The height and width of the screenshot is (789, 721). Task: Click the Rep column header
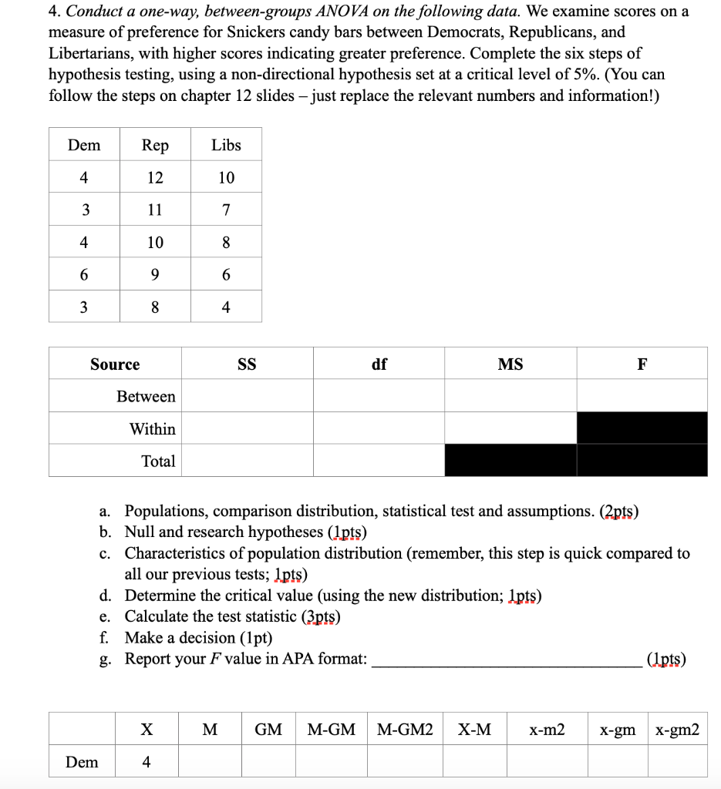[155, 146]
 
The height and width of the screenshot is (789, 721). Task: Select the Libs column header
[226, 146]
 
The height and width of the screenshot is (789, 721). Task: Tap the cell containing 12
[155, 178]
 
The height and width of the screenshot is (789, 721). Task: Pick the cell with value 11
[155, 210]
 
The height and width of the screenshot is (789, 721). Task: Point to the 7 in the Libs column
[226, 210]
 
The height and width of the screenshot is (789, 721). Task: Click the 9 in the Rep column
[155, 274]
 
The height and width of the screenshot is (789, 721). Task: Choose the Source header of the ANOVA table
[115, 364]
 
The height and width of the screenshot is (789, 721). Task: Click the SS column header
[247, 364]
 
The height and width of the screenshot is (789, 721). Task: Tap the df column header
[379, 364]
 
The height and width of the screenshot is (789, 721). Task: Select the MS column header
[510, 364]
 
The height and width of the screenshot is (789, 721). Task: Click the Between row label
[146, 397]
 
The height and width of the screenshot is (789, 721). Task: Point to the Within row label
[152, 429]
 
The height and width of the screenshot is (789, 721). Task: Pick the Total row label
[158, 462]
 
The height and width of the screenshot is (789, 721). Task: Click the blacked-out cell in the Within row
[642, 428]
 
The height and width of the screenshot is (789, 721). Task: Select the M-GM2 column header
[405, 730]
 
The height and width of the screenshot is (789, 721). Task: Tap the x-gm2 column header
[677, 730]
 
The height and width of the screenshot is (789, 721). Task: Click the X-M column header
[474, 730]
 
